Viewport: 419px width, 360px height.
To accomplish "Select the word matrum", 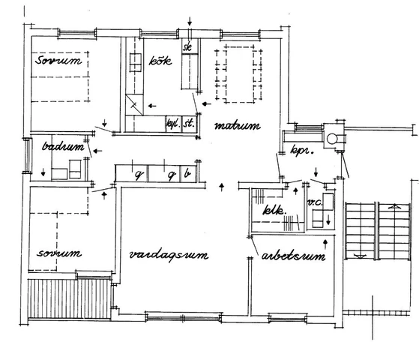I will point(236,126).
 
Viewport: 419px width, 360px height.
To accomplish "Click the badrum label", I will point(61,147).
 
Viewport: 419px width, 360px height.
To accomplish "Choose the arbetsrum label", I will point(293,257).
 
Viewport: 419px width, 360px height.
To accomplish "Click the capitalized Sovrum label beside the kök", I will point(55,61).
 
